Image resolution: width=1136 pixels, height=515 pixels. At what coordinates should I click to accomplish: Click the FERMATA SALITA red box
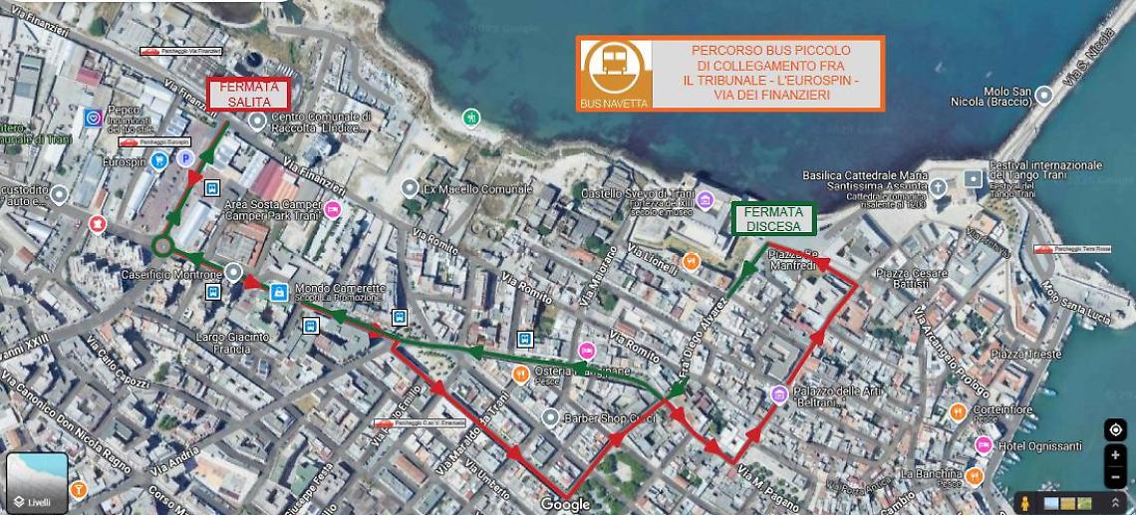(248, 94)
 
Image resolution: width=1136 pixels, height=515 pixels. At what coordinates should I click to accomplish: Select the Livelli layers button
(37, 484)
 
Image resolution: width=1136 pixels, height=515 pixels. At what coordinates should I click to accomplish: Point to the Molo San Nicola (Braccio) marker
(1044, 95)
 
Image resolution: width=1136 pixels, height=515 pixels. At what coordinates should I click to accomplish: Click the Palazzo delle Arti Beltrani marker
(778, 394)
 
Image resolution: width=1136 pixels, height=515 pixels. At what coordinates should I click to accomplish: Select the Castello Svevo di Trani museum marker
(706, 199)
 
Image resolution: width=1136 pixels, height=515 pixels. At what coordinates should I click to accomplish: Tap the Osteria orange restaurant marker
(520, 374)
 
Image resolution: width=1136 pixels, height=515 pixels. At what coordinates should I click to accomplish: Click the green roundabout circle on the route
(163, 244)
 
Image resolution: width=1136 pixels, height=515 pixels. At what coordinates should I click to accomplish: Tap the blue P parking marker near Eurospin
(184, 158)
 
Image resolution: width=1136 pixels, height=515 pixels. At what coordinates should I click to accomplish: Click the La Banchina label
(932, 473)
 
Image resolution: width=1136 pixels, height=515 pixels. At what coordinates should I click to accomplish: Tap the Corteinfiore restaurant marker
(957, 408)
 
